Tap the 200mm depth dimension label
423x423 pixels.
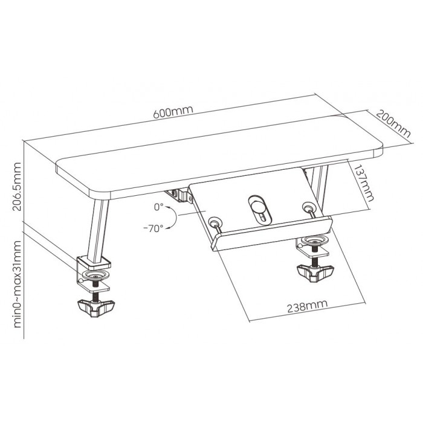pos(393,124)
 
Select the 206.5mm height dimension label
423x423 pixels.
pos(17,186)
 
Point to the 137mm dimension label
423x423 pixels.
pos(364,183)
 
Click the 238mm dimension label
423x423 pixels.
pos(307,306)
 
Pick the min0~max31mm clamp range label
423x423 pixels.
pos(17,284)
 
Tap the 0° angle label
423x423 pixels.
pos(158,207)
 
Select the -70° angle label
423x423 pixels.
pos(153,229)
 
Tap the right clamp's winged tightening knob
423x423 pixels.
pos(315,273)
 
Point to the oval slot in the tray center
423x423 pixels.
pos(259,210)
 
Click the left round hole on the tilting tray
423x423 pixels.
pos(215,223)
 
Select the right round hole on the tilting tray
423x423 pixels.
pos(308,207)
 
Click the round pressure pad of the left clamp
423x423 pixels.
pos(95,275)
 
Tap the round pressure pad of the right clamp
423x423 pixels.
pos(315,240)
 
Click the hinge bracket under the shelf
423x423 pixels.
pos(179,195)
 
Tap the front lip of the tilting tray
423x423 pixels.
pos(271,234)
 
